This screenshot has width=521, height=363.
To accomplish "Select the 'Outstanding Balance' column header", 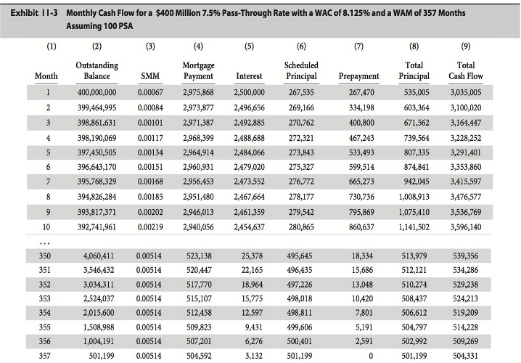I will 97,70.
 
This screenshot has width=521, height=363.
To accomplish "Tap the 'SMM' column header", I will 150,76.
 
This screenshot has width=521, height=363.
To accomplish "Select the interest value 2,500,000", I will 249,93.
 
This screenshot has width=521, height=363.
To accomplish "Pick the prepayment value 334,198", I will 361,107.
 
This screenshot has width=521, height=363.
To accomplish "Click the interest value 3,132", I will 253,355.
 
